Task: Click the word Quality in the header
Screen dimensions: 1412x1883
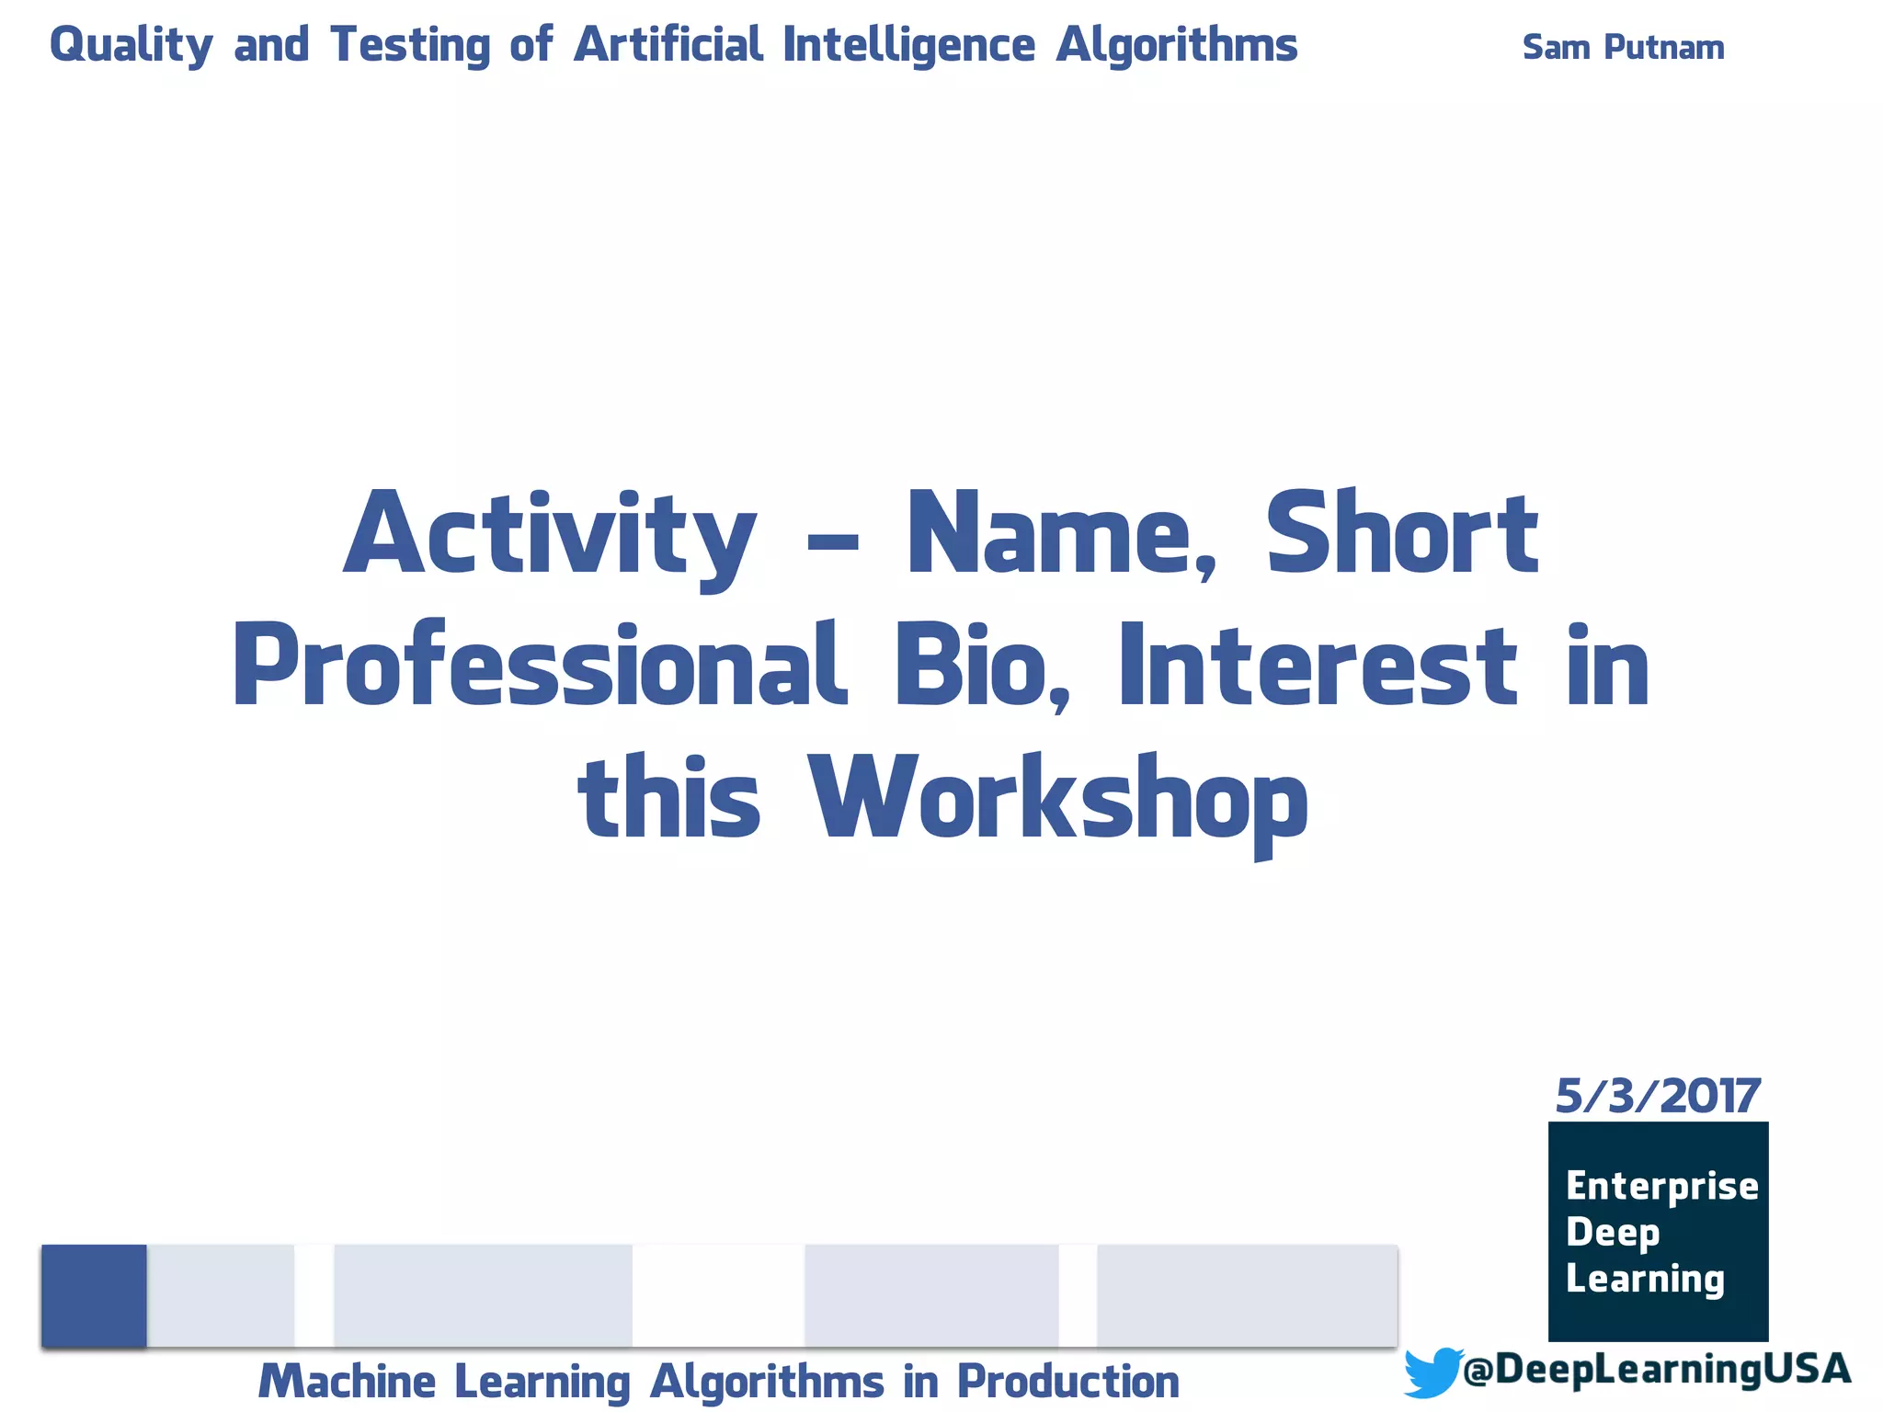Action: click(131, 46)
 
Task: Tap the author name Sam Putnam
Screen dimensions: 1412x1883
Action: click(1623, 48)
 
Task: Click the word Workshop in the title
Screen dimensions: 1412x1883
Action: click(1057, 798)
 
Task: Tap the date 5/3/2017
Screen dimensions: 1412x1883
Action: click(1657, 1096)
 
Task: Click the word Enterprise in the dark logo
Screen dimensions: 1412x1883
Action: click(1661, 1187)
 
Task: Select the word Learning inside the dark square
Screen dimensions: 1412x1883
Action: click(1645, 1279)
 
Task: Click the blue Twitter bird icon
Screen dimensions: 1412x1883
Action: click(1432, 1372)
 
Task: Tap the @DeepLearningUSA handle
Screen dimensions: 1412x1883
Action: click(1655, 1369)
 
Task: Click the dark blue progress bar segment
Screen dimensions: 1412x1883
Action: click(94, 1295)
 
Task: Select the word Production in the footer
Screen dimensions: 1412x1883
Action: click(1067, 1382)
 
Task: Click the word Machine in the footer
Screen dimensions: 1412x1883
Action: click(347, 1382)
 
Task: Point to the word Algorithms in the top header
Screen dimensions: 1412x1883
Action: click(1176, 46)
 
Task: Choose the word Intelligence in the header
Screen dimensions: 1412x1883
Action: click(908, 46)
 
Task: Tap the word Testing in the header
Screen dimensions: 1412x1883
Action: click(410, 46)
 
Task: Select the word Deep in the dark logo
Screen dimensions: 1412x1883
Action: click(1613, 1233)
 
